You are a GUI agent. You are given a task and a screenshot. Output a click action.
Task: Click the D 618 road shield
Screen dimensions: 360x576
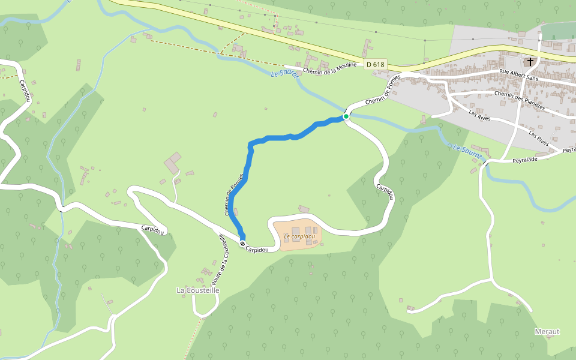(x=375, y=64)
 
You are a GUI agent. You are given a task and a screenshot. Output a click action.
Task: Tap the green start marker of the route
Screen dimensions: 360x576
(x=346, y=116)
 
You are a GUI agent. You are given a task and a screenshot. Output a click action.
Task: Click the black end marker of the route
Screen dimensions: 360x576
(x=242, y=244)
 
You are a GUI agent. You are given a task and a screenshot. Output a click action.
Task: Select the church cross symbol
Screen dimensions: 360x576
(x=530, y=61)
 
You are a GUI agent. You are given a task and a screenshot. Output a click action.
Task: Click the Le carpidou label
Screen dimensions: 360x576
(x=299, y=236)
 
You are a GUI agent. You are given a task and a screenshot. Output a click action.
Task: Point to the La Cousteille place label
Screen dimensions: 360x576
(x=198, y=290)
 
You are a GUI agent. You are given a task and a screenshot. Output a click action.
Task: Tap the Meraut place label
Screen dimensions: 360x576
(x=547, y=331)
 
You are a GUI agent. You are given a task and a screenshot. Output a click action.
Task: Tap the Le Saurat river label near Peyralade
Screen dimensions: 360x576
(x=467, y=152)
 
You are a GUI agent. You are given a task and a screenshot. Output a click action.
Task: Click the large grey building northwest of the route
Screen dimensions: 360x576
(x=172, y=163)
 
